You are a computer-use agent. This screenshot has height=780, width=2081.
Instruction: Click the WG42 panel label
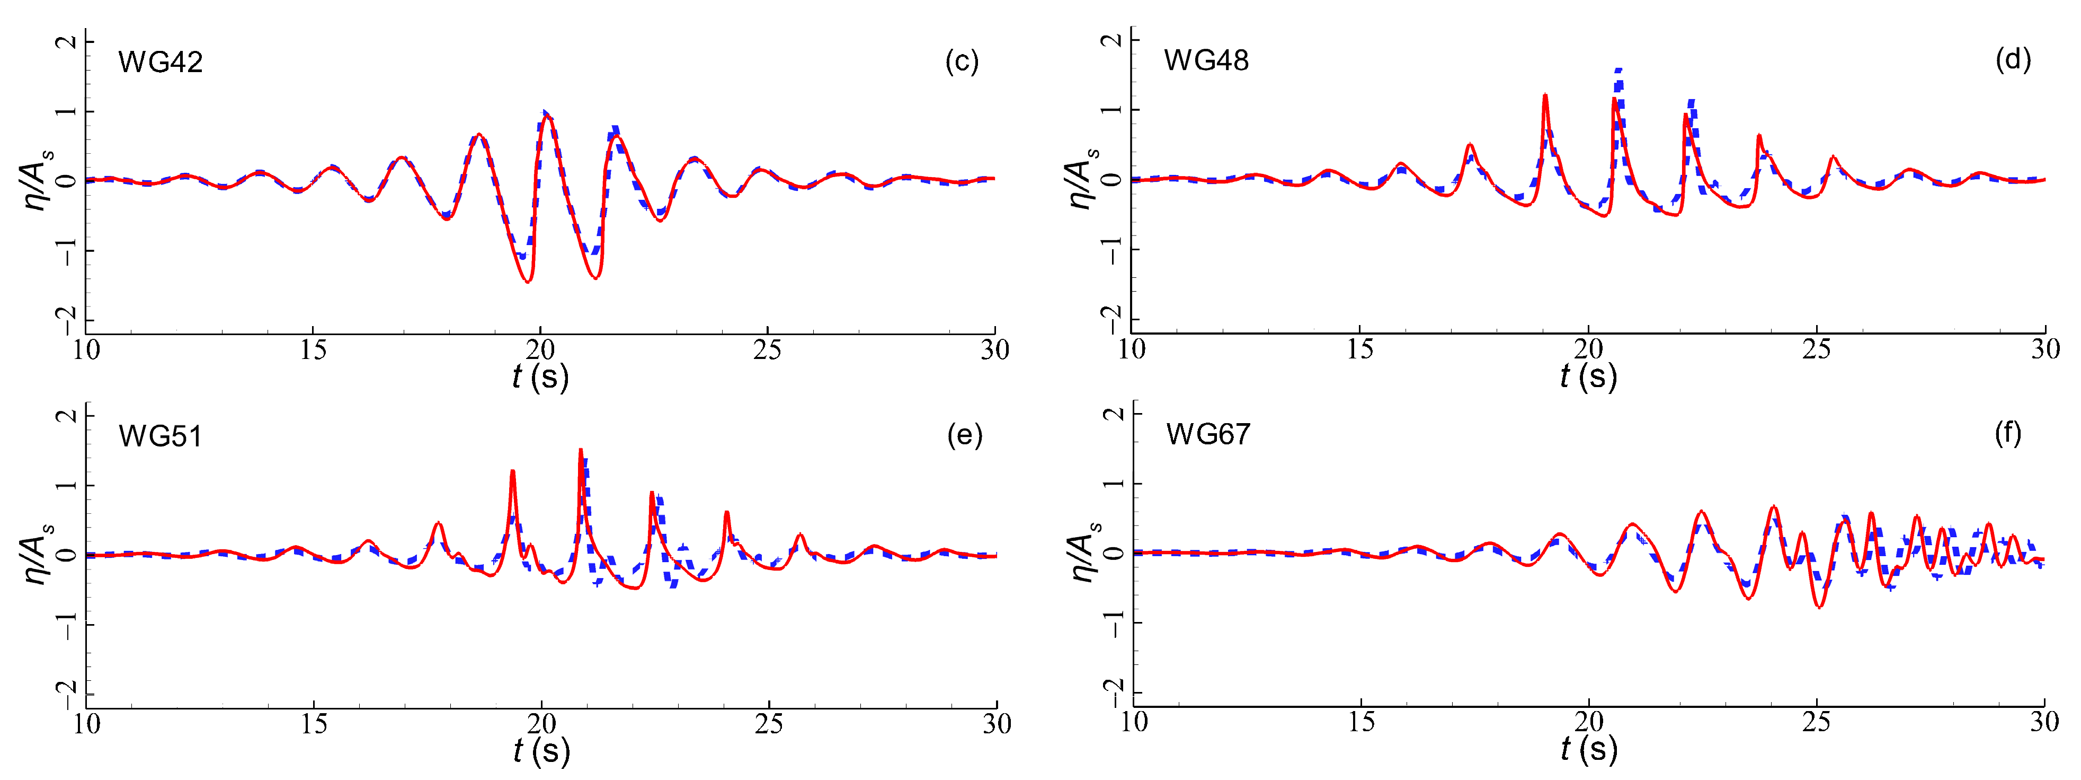[x=160, y=62]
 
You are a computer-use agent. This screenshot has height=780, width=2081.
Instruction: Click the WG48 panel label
[x=1206, y=60]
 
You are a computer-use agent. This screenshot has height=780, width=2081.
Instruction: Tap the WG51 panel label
[x=160, y=436]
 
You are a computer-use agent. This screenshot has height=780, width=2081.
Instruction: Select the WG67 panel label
[x=1208, y=435]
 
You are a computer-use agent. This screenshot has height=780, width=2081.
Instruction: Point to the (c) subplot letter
[x=962, y=62]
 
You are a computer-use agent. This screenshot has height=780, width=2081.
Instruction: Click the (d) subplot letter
[x=2012, y=60]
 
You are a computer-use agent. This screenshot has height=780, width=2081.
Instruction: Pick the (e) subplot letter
[x=965, y=436]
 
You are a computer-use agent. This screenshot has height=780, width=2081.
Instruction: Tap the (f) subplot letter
[x=2008, y=434]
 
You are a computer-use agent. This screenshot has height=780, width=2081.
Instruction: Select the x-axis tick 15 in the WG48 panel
[x=1359, y=349]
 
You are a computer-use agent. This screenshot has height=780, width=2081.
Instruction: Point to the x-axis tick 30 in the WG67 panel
[x=2044, y=722]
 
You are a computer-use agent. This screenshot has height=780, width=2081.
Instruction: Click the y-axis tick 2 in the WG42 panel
[x=69, y=41]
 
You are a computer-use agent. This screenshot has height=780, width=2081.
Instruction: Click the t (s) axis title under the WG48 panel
[x=1588, y=376]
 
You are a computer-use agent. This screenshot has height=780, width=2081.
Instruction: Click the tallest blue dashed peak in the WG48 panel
[x=1619, y=71]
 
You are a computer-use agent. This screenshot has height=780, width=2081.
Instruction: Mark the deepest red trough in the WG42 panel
[x=528, y=281]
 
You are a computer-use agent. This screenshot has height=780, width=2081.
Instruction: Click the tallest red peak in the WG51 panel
[x=581, y=451]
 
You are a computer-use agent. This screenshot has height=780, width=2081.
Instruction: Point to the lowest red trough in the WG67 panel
[x=1820, y=606]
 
